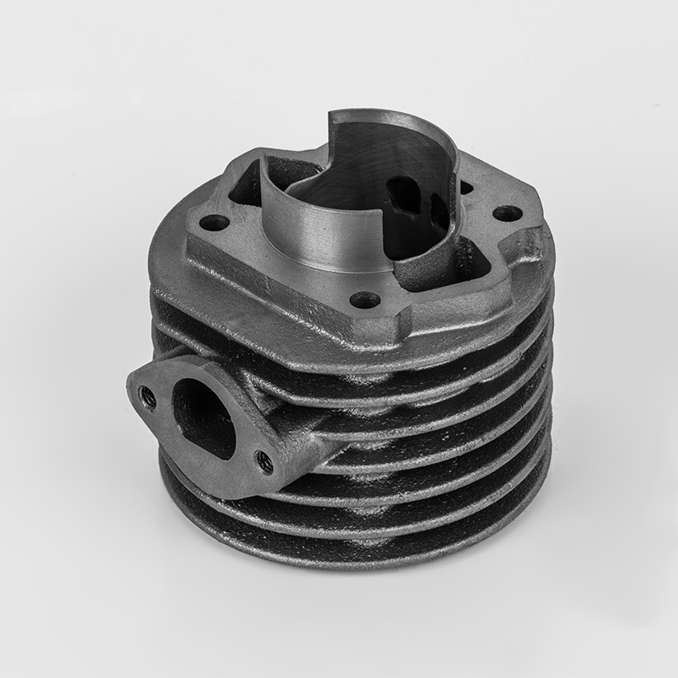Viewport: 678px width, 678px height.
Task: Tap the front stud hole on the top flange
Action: [364, 299]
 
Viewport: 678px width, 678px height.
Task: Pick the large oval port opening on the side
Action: [203, 414]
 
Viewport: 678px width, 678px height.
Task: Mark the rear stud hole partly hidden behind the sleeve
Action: [465, 184]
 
